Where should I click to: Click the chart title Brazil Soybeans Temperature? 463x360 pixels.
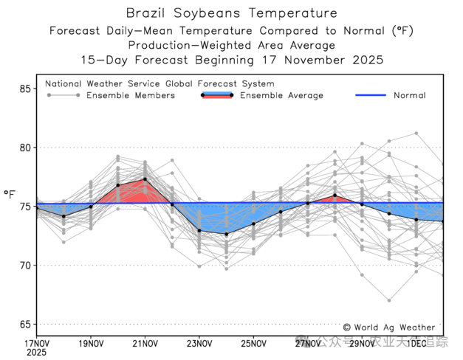point(231,13)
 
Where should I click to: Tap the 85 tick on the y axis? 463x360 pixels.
point(25,89)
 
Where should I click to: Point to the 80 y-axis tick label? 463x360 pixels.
point(25,148)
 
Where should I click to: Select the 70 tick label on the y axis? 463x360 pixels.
point(25,266)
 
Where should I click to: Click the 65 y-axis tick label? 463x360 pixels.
point(25,325)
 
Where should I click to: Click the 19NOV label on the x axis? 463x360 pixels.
point(91,343)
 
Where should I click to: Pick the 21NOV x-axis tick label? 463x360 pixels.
point(145,343)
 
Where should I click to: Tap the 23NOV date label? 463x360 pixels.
point(199,343)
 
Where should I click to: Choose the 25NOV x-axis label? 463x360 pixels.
point(253,343)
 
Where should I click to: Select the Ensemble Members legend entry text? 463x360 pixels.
point(131,96)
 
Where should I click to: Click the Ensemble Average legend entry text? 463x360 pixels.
point(281,96)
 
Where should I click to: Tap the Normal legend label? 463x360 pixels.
point(409,96)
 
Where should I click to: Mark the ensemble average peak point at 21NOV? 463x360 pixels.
point(145,179)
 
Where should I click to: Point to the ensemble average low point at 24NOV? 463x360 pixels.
point(227,234)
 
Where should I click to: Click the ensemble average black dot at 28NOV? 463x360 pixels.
point(335,195)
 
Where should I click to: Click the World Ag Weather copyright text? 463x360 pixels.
point(388,327)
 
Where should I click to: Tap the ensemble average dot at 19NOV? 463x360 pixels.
point(91,207)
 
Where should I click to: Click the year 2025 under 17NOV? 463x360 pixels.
point(37,353)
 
